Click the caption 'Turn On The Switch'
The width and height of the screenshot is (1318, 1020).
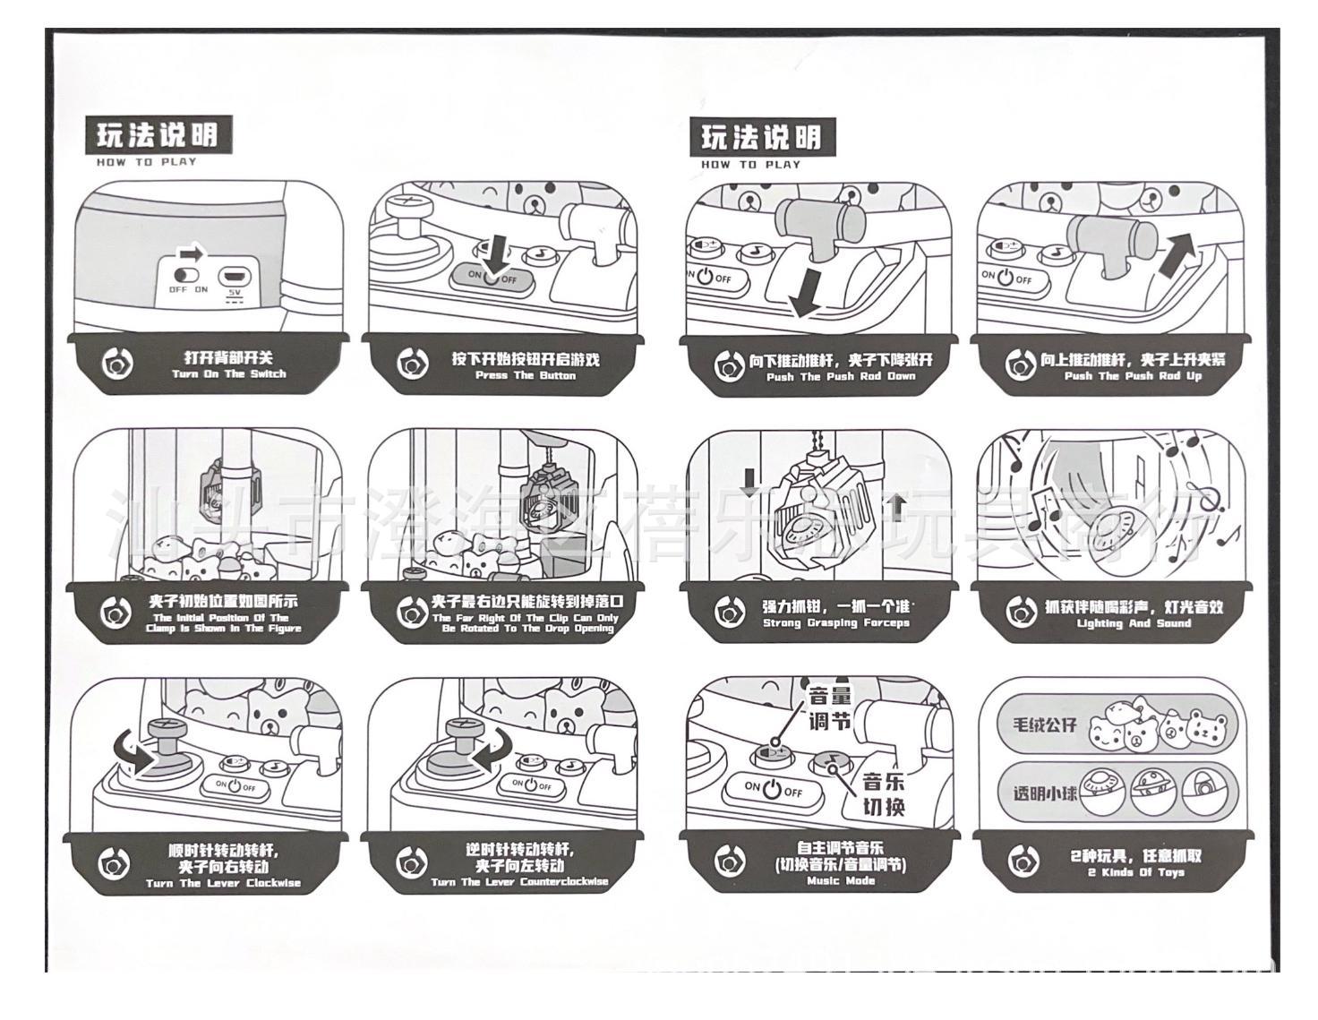[x=229, y=374]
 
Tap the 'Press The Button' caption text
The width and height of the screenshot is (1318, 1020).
[x=525, y=376]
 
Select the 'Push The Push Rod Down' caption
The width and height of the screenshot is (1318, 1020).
[x=841, y=377]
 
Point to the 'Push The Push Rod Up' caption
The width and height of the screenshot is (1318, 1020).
[x=1133, y=377]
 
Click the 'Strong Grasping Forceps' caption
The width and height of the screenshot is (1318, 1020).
[x=835, y=623]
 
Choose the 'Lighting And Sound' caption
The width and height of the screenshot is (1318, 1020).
[x=1134, y=624]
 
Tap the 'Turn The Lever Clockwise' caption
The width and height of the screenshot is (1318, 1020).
[x=224, y=884]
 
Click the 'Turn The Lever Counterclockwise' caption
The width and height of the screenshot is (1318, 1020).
[x=519, y=882]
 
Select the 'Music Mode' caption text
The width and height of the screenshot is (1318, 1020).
[x=841, y=881]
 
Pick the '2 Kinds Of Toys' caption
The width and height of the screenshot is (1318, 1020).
[x=1135, y=872]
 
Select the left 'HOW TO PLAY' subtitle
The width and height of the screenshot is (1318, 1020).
[x=146, y=162]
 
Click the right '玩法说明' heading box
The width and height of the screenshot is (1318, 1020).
[x=761, y=137]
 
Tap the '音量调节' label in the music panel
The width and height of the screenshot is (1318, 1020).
[x=829, y=707]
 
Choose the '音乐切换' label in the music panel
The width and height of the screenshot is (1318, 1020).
[x=883, y=793]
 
